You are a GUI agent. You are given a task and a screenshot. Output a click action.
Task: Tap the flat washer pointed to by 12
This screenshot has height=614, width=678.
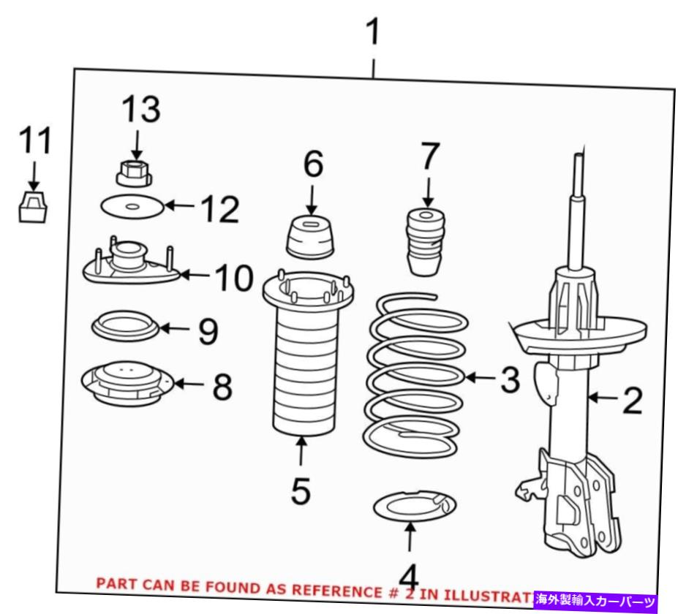[132, 207]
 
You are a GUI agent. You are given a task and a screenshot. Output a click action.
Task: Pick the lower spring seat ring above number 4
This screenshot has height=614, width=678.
[415, 506]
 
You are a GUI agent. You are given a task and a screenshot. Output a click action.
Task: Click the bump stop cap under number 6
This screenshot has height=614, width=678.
[310, 238]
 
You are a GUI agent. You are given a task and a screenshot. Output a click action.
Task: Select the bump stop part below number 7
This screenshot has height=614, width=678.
[426, 242]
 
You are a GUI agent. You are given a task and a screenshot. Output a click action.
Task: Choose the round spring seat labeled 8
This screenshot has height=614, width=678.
[127, 383]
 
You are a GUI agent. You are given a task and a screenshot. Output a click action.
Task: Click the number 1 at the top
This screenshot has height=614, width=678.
[373, 31]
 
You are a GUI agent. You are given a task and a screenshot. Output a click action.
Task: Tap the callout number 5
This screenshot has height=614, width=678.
[301, 490]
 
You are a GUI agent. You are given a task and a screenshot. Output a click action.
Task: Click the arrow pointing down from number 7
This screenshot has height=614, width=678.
[428, 192]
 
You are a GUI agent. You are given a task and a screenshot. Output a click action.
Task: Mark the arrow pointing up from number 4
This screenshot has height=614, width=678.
[410, 537]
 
